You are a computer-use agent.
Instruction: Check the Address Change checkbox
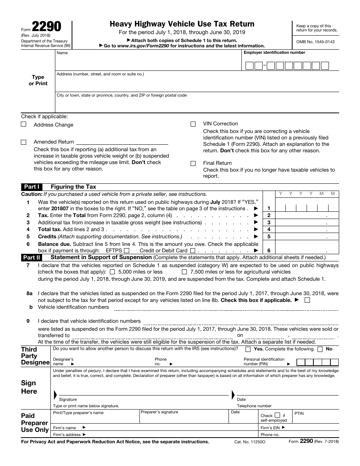(23, 124)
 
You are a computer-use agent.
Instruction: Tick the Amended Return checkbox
(23, 142)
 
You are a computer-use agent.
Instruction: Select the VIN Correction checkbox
(193, 124)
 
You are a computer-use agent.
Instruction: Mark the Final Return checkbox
(193, 163)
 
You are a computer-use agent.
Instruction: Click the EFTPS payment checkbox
(127, 250)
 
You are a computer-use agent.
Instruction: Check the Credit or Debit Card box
(193, 250)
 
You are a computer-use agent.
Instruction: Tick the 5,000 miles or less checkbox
(112, 272)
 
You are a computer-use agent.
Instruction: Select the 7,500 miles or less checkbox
(185, 272)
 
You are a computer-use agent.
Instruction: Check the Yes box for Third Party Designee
(248, 349)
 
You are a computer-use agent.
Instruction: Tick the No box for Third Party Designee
(320, 349)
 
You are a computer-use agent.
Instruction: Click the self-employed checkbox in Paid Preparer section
(277, 415)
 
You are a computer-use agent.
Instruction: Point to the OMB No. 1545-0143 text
(315, 42)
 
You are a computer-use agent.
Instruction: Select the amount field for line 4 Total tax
(307, 229)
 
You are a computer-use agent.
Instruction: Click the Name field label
(62, 53)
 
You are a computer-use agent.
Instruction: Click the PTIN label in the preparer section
(299, 413)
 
